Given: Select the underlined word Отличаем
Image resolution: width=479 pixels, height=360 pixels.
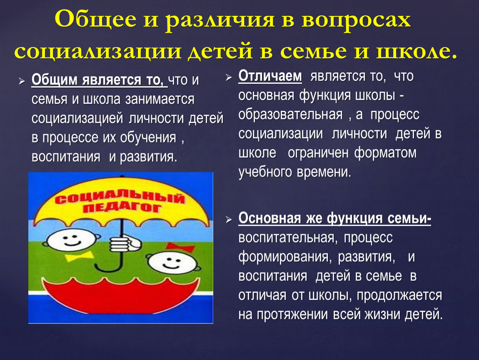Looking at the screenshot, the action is (x=270, y=76).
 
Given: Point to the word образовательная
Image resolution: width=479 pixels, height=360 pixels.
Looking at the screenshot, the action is (x=290, y=115).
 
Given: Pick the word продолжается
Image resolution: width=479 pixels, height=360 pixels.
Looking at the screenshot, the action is (x=399, y=296).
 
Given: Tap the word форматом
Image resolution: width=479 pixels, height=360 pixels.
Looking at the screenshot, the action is (x=385, y=153).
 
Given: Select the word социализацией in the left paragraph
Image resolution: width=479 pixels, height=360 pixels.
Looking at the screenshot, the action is (x=77, y=119).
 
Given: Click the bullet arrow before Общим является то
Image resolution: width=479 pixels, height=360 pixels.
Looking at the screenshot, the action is (x=21, y=81).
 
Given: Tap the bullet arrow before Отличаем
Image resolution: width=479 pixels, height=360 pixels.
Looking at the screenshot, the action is (x=229, y=77).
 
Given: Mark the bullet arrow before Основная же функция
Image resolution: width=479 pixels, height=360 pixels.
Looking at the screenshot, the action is (x=229, y=220).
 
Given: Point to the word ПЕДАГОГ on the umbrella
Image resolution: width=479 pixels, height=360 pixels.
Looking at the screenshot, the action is (x=122, y=208).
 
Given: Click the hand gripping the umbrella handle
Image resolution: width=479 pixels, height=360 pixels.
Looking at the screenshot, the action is (x=125, y=244).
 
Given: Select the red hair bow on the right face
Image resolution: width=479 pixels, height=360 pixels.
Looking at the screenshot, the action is (x=180, y=247).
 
